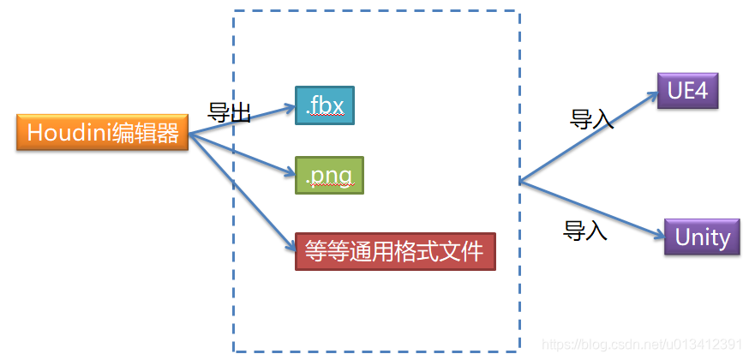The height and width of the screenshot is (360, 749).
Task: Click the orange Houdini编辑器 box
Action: (102, 134)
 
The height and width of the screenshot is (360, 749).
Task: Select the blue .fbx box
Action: (324, 105)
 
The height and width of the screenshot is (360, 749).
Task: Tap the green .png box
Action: (329, 175)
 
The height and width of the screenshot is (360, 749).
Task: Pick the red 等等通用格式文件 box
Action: (395, 251)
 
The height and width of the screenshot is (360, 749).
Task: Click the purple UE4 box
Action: (686, 90)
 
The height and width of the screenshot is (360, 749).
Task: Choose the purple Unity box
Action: (702, 237)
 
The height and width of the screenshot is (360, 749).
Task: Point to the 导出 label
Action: (229, 113)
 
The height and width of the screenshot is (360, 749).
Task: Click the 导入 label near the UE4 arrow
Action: (591, 119)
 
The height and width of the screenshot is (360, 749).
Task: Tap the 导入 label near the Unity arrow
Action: (584, 230)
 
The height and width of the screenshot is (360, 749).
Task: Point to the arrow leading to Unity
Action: (591, 207)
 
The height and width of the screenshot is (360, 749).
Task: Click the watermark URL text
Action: (643, 344)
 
